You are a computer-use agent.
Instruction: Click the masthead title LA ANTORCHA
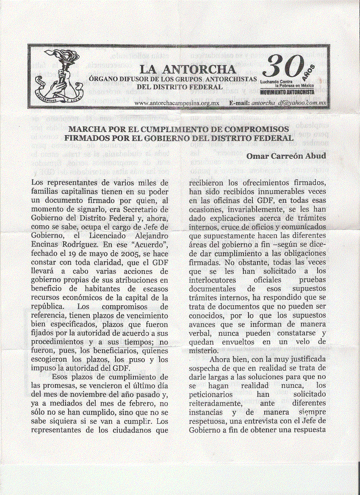188,69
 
